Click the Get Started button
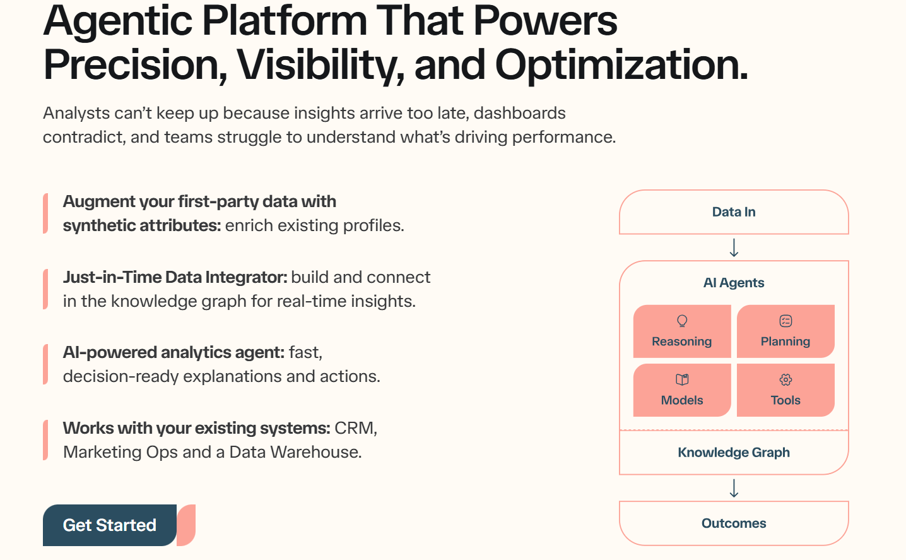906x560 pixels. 110,525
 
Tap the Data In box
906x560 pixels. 734,212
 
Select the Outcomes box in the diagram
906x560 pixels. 734,523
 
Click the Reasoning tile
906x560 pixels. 682,332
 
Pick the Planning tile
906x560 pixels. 785,332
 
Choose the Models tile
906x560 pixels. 682,391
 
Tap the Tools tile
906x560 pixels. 785,391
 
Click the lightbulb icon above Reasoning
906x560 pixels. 682,321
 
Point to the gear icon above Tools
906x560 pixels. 785,379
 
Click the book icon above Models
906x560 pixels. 682,379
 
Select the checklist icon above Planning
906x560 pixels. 785,321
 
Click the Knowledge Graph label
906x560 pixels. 734,453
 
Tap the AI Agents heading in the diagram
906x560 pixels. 734,283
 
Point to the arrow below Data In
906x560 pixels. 734,247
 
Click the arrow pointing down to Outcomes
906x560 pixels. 734,488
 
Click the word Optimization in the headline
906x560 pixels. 621,65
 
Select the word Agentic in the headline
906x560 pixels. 119,21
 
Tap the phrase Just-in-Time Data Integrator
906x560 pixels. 175,277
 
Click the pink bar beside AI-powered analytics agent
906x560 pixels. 45,364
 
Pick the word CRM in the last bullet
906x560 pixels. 355,428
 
